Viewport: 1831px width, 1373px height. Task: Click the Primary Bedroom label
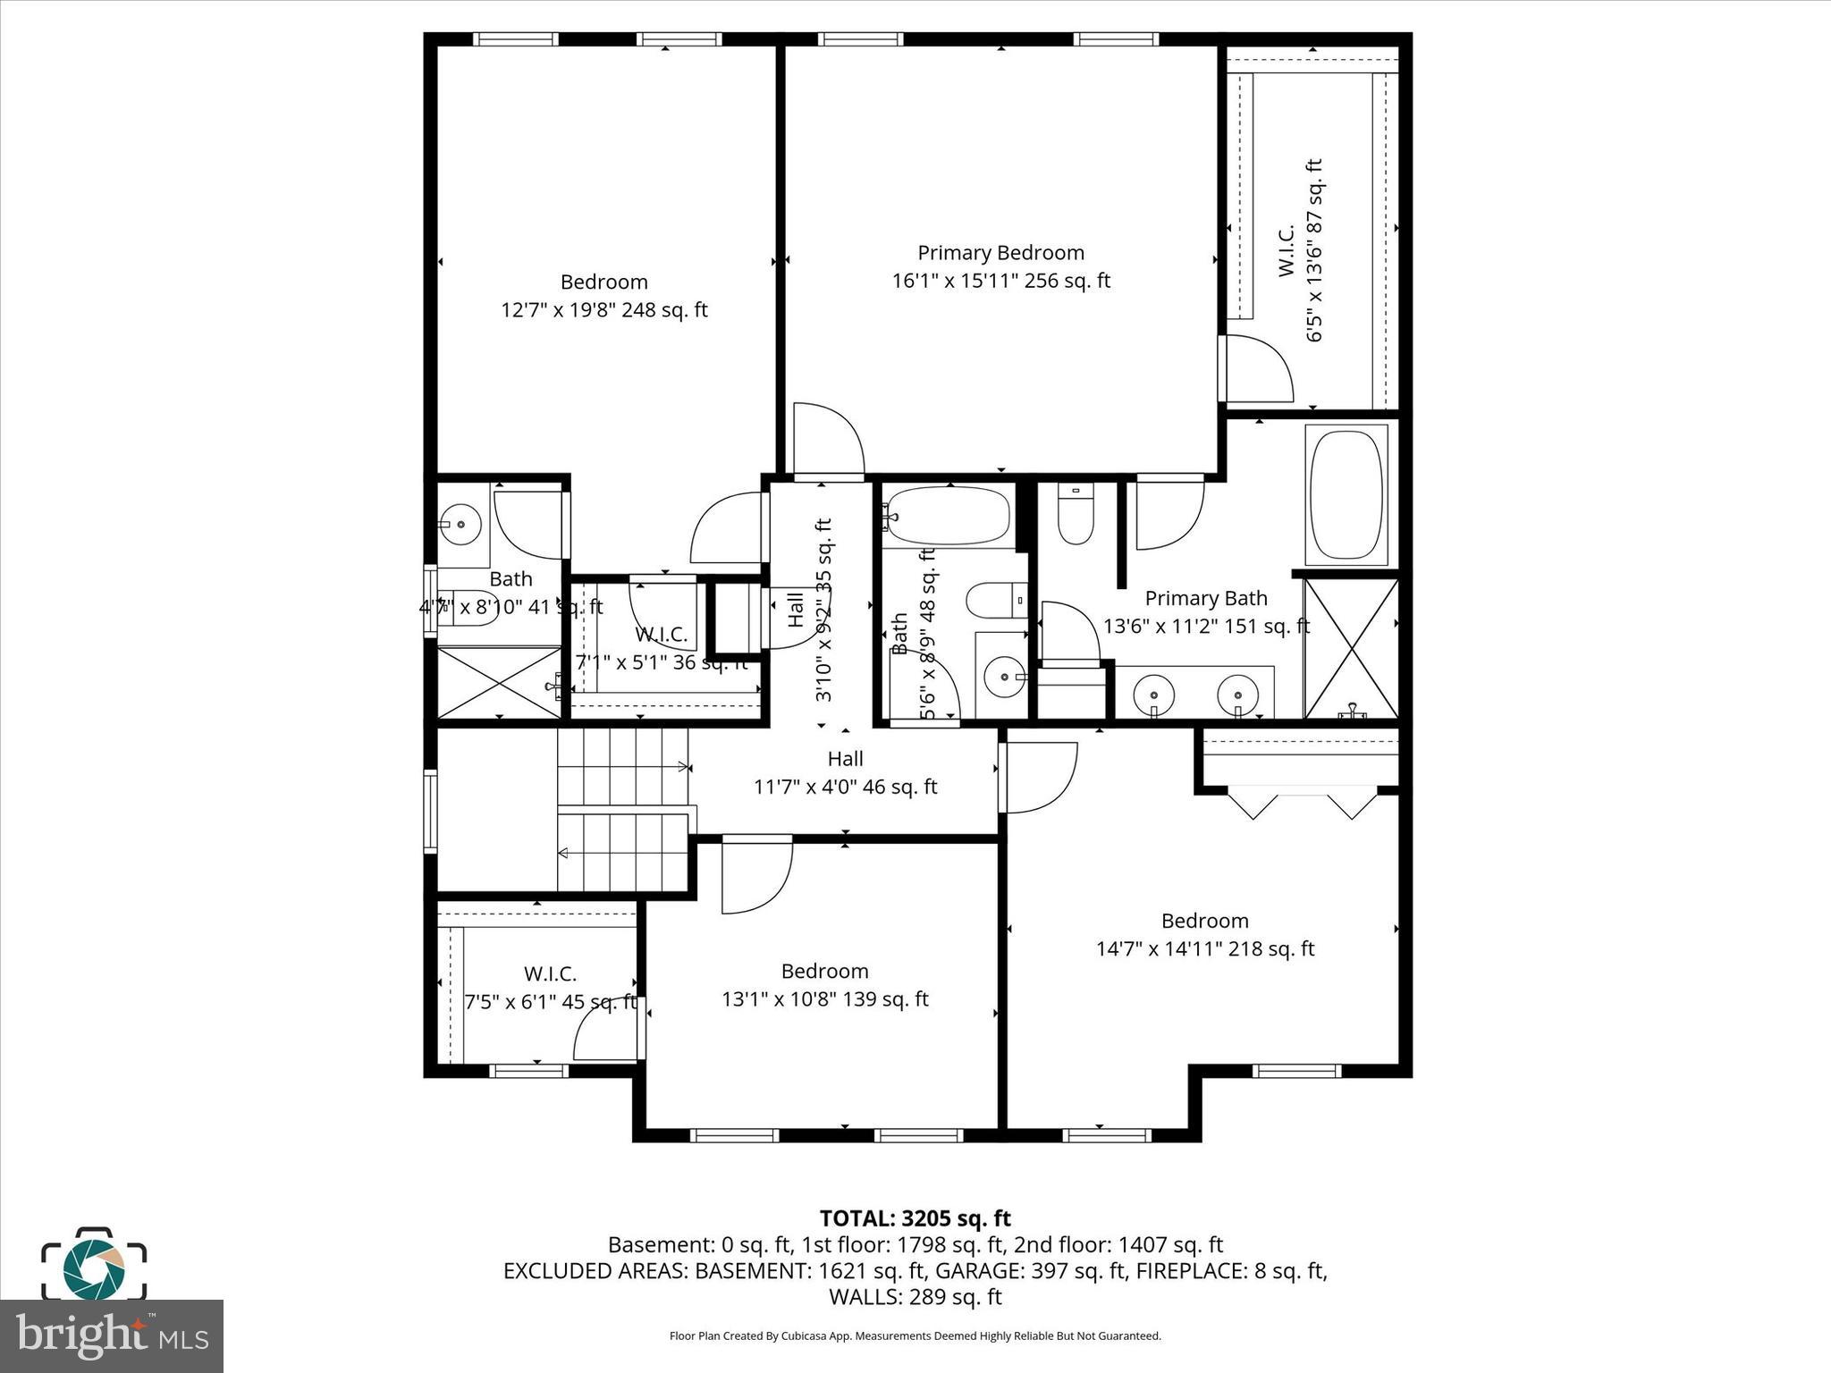(x=1000, y=253)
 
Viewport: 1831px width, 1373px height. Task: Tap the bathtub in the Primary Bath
(x=1346, y=495)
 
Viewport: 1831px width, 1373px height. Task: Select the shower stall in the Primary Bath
(x=1351, y=649)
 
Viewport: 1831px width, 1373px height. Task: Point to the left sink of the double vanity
(x=1154, y=694)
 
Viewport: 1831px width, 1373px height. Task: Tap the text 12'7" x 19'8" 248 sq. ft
(x=603, y=310)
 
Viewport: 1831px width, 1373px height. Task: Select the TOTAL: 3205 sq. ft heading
(x=915, y=1218)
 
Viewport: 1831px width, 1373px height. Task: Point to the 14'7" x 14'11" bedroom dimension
(x=1204, y=948)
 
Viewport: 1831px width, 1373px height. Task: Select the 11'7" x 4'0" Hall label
(x=845, y=773)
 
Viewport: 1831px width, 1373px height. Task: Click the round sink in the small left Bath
(x=461, y=522)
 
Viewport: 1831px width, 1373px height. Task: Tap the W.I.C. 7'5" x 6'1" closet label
(x=550, y=988)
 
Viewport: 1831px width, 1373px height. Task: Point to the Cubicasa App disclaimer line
(x=915, y=1336)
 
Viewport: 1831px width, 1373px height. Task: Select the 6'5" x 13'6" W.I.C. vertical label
(x=1300, y=250)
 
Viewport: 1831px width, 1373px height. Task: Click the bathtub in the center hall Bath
(x=949, y=516)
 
